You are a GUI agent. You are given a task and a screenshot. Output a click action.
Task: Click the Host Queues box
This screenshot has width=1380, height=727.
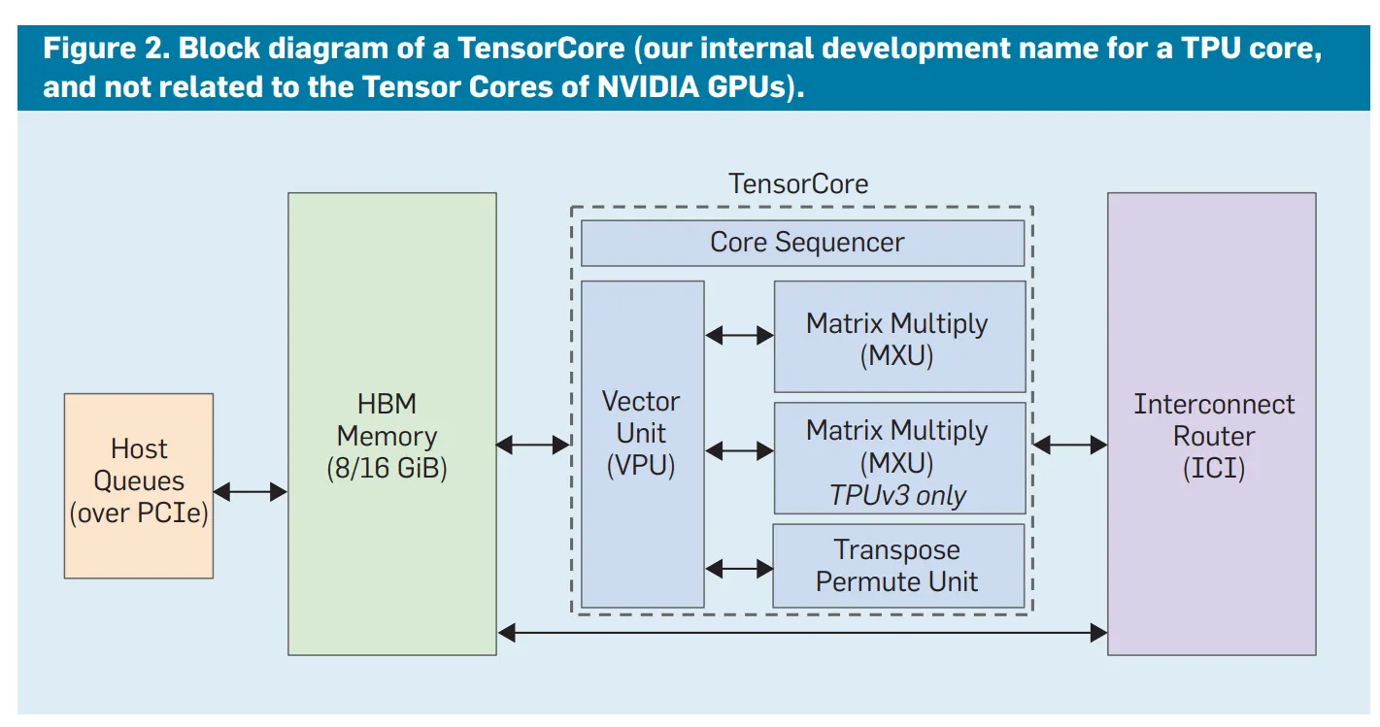[138, 485]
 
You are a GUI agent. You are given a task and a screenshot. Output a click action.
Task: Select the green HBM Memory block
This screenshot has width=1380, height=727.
[391, 424]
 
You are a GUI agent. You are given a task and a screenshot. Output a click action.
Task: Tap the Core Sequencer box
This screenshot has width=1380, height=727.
[802, 243]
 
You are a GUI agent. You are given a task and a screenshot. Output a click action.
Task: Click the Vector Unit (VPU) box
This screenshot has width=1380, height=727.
[642, 444]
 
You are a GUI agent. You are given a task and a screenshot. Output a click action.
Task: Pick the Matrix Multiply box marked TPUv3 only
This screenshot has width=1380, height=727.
[898, 458]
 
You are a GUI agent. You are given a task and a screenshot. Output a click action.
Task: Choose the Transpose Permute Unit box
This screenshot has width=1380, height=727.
[898, 566]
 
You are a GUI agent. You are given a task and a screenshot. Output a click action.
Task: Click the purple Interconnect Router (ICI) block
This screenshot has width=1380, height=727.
[1212, 424]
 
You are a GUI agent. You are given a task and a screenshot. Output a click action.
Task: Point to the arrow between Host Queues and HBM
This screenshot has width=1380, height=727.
[250, 491]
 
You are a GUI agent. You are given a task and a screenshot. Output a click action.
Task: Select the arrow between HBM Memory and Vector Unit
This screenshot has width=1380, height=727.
[533, 445]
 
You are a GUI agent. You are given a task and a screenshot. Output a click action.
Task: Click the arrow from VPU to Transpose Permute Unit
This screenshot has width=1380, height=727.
[739, 568]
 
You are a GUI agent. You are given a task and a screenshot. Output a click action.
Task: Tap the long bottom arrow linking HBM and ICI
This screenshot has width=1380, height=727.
[802, 633]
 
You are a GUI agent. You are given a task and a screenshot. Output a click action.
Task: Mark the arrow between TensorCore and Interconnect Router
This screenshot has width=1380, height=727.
[1069, 445]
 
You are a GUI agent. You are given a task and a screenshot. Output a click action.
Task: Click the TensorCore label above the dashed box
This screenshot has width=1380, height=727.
[798, 183]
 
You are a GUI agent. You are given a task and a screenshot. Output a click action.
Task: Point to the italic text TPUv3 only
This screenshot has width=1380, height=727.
[898, 496]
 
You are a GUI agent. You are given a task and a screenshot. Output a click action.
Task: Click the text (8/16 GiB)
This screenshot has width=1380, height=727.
[387, 468]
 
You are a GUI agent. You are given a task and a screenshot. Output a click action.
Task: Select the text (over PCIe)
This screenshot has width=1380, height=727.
[139, 512]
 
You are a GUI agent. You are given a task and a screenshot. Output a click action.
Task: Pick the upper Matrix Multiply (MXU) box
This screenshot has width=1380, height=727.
[898, 337]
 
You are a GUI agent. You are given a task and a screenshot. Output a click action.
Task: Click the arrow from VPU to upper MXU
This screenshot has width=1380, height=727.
[739, 336]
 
